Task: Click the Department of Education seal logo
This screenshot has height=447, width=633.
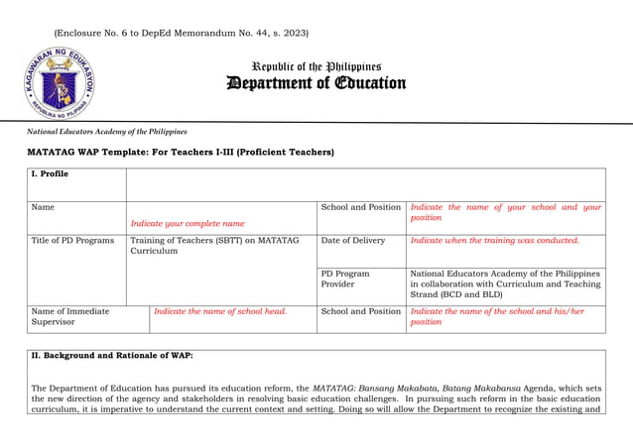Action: (59, 83)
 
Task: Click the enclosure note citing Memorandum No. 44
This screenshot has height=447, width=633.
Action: (181, 34)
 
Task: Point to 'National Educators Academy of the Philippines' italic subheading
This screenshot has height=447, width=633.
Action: (107, 132)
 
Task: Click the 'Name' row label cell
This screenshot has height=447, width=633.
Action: (43, 207)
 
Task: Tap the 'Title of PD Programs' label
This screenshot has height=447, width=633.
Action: (72, 241)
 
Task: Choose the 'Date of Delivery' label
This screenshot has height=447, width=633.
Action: (352, 241)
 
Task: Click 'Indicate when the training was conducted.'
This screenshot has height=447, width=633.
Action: (494, 241)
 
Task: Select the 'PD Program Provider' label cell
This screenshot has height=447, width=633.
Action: (345, 279)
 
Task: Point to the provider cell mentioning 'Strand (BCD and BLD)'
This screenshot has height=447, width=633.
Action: (505, 283)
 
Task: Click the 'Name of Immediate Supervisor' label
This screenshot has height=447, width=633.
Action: (70, 316)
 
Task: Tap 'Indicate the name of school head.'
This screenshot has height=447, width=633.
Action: (219, 311)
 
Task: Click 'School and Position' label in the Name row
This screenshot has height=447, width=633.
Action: (360, 207)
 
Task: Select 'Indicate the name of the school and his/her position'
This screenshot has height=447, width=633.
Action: (497, 316)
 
